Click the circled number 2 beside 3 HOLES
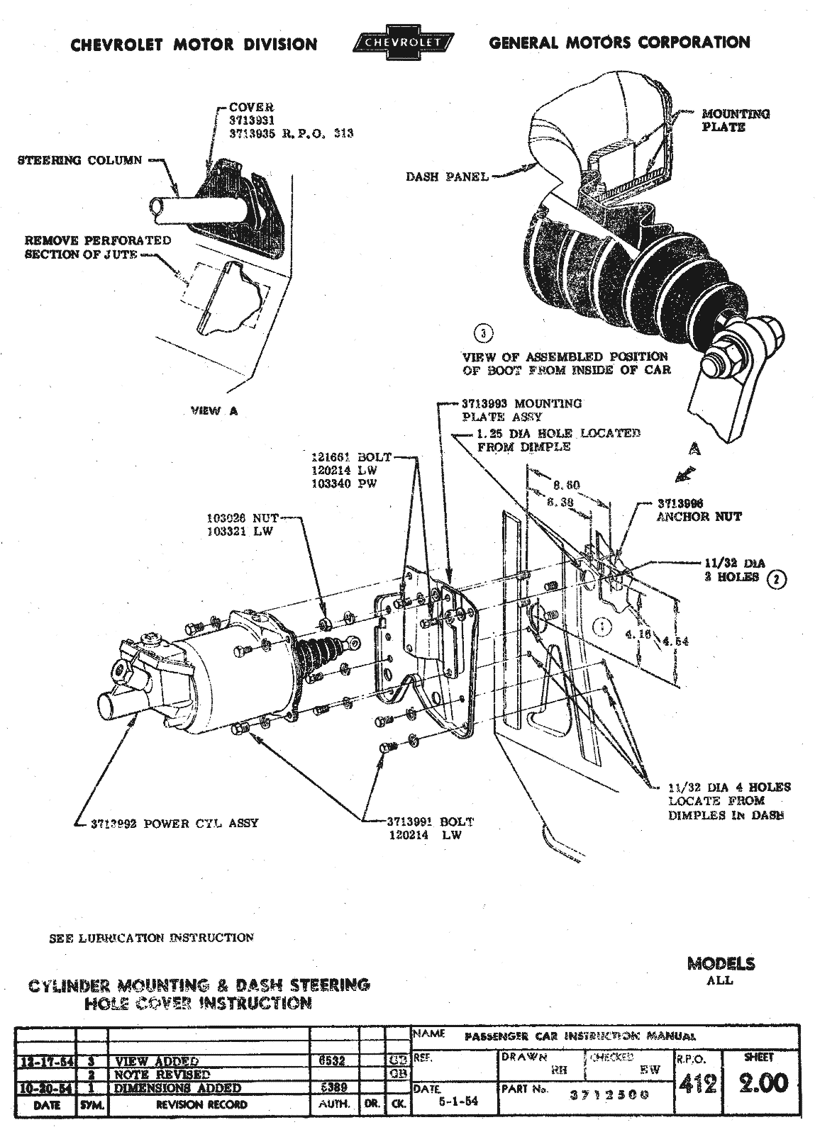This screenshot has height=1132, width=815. (778, 578)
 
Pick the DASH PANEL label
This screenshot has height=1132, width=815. (447, 176)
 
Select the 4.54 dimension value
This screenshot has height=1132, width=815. (674, 641)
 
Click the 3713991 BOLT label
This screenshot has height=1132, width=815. (429, 822)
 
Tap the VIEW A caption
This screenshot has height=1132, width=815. (214, 411)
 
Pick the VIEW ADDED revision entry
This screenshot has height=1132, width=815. (156, 1061)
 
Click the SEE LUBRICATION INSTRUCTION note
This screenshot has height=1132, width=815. (151, 938)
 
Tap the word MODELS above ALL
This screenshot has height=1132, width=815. (721, 964)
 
